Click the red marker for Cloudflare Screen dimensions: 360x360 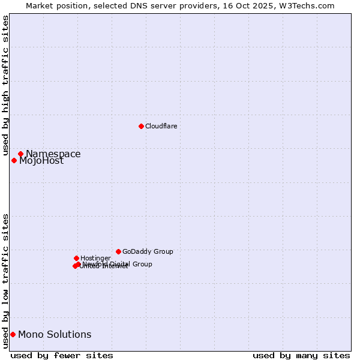(x=141, y=126)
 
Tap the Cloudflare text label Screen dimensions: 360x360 (x=161, y=126)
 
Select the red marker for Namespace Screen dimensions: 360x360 (x=20, y=154)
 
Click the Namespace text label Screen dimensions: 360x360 (x=53, y=154)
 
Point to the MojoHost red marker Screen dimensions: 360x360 (x=14, y=160)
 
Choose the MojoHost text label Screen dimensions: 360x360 (x=41, y=161)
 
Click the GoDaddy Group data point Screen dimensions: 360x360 (x=118, y=251)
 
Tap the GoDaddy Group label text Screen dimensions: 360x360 (x=148, y=252)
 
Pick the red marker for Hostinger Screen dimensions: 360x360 (x=76, y=258)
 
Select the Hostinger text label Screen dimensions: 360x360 (x=95, y=259)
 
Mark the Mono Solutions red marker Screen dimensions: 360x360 (x=13, y=334)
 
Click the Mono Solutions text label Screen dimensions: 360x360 (x=55, y=335)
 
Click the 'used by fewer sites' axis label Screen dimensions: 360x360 (x=62, y=355)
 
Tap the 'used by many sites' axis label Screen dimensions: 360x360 (x=301, y=355)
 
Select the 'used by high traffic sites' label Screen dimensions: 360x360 (x=5, y=86)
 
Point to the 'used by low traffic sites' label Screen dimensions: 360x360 (x=5, y=280)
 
